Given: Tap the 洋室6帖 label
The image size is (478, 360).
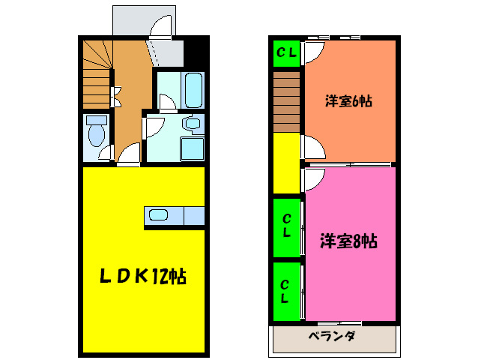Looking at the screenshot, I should point(348,102).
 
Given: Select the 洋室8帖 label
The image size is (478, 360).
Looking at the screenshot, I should point(348,241).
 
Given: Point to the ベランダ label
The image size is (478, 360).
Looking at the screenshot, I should point(332,336).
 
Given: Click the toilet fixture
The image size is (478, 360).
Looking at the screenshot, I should point(96,133).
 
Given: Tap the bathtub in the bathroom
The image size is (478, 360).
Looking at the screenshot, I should point(193,91).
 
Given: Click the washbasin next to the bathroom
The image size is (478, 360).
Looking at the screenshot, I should point(193,123).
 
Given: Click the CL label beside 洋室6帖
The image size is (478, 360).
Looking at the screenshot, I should point(286,52).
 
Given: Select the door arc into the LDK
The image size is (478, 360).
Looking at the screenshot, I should point(129,155).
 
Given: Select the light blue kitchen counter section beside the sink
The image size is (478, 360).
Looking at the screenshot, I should point(194,216).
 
